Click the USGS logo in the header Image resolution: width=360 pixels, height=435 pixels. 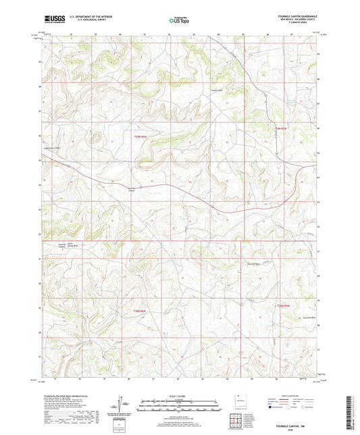click(x=52, y=20)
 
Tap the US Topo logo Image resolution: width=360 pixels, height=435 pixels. click(x=179, y=21)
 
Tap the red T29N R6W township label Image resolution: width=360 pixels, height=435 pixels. click(x=139, y=138)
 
